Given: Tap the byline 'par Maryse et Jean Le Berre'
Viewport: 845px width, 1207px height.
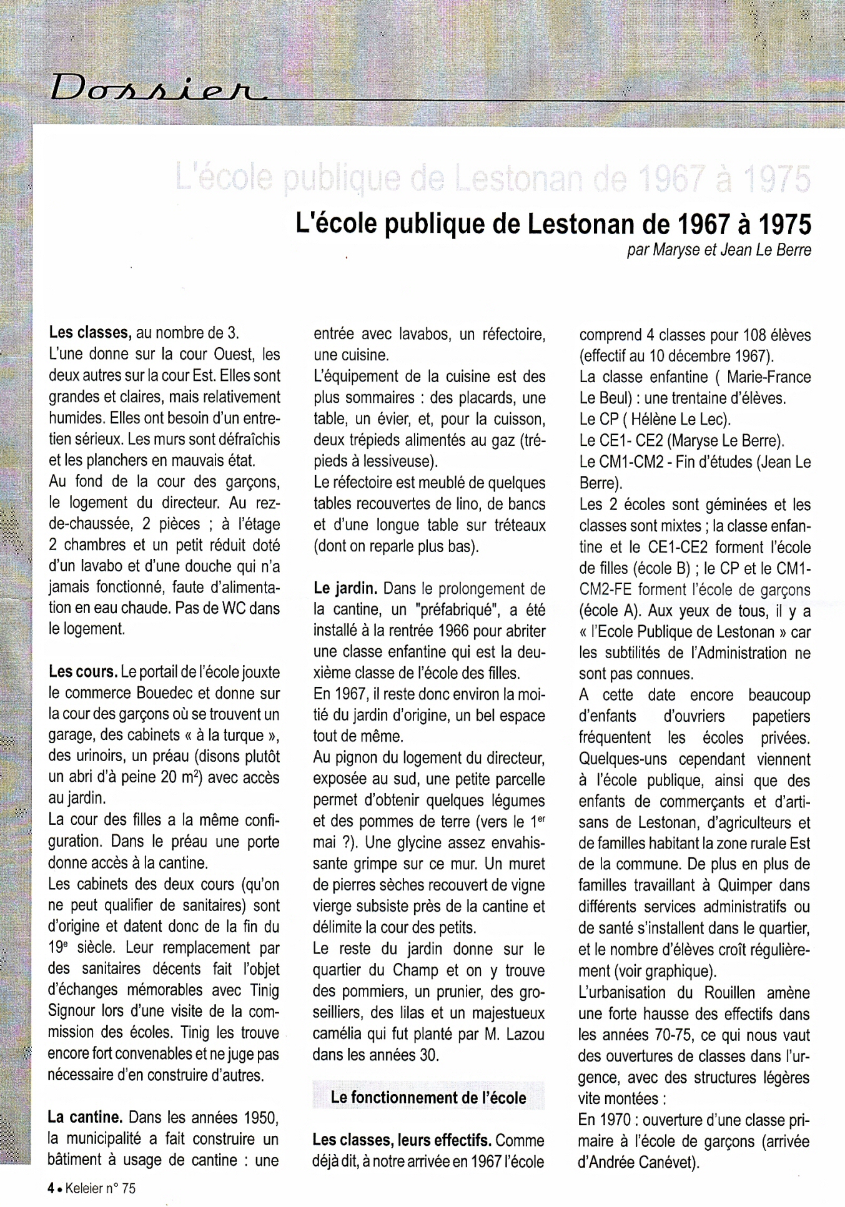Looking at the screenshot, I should tap(719, 250).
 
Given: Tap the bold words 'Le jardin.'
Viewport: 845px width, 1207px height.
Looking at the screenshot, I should tap(345, 588).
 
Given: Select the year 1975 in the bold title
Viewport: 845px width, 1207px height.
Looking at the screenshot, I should tap(784, 224).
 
